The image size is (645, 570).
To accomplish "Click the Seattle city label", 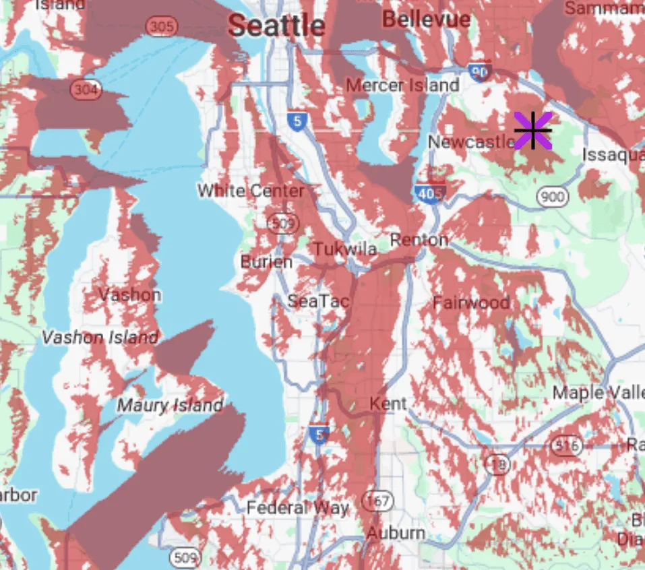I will pos(276,26).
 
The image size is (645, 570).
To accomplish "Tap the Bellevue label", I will pos(426,19).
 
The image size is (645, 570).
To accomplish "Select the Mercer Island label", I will pos(402,86).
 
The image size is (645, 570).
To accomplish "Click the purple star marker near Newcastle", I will pos(532,130).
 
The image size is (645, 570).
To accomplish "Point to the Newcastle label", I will pos(471,142).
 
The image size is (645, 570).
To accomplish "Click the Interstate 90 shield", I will pos(480,71).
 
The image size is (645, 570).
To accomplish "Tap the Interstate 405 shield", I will pos(429,193).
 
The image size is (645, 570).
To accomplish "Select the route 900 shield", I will pos(552,197).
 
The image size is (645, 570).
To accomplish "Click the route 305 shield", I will pos(161,26).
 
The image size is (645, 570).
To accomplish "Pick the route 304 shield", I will pos(88,90).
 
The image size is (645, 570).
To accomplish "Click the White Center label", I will pos(251,191).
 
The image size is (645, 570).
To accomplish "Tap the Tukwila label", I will pos(345,249).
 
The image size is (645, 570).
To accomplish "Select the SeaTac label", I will pos(318,301).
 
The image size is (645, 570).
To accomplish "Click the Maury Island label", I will pos(170,406).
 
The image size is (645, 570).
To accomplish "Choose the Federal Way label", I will pos(297,507).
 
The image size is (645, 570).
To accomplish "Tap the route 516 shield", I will pos(565,445).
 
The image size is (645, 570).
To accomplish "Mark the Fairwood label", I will pos(471,303).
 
